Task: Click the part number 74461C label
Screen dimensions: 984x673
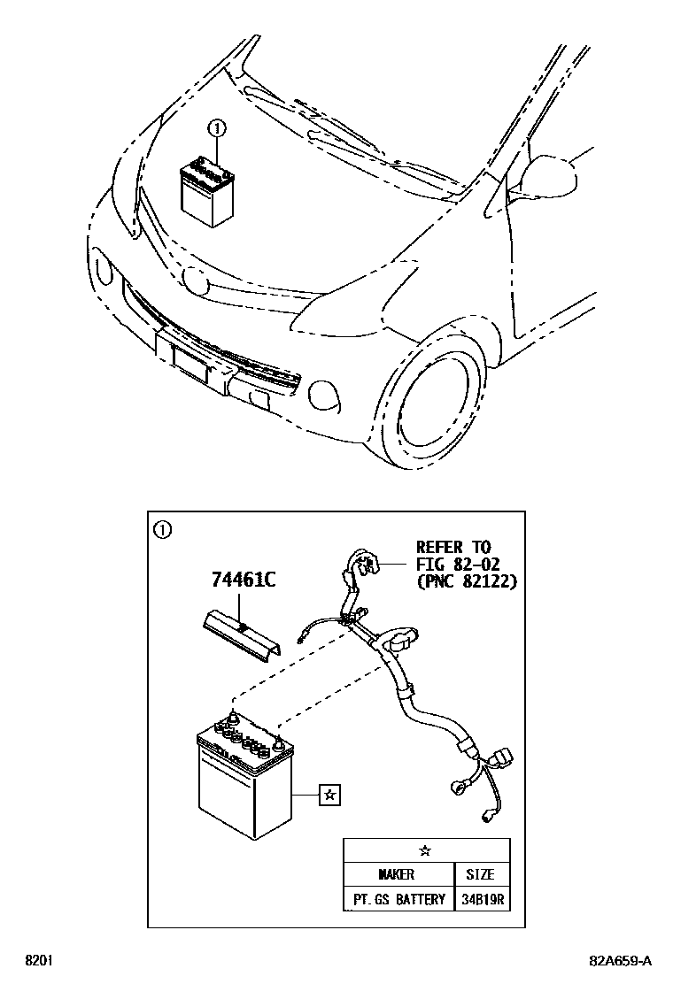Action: tap(244, 580)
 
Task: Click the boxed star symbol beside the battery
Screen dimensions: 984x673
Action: tap(329, 796)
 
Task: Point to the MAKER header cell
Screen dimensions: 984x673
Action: tap(396, 874)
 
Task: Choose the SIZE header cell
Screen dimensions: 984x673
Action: tap(480, 874)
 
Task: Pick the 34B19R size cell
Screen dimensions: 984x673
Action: tap(481, 900)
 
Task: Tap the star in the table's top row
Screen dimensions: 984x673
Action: tap(426, 850)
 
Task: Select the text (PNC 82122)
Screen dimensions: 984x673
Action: tap(466, 581)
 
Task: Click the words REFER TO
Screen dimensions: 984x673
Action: tap(453, 548)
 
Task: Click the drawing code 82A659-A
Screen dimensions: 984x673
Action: tap(619, 961)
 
